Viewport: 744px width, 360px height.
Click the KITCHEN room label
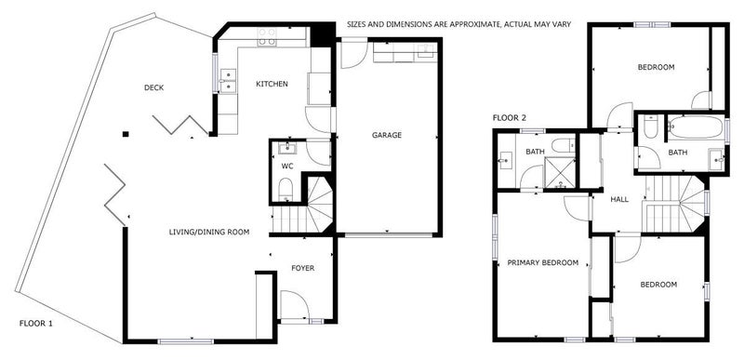click(272, 85)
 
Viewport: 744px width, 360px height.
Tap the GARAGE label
click(387, 135)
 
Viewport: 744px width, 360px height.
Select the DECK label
click(154, 88)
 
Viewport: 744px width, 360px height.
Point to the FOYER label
click(302, 268)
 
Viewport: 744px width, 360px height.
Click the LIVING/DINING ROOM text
click(209, 232)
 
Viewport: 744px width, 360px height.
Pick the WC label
click(287, 167)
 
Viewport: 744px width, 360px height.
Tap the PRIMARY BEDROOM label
click(543, 263)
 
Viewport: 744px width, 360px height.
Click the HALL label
click(619, 200)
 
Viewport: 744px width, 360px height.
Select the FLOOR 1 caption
click(36, 323)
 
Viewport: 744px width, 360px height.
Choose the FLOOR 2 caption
click(510, 118)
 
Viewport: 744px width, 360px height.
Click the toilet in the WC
click(286, 192)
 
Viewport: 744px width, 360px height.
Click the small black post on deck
click(125, 133)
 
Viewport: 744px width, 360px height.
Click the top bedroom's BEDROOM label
click(656, 67)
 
